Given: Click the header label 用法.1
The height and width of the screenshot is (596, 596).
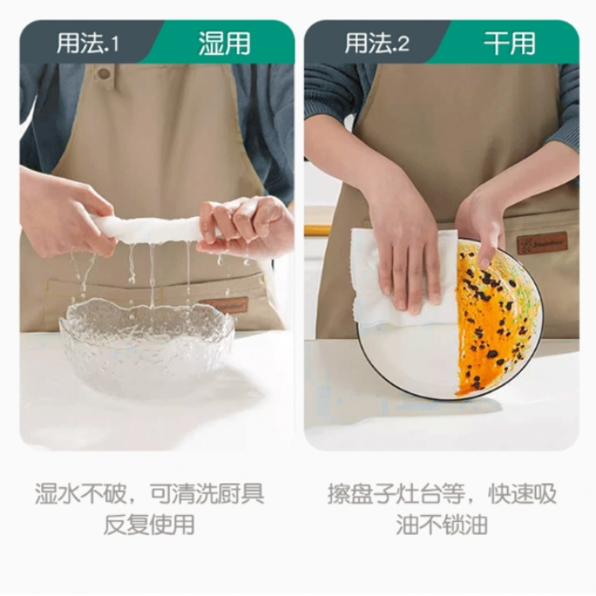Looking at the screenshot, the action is point(88,43).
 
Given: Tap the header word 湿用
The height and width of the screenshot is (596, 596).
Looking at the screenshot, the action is point(224,43).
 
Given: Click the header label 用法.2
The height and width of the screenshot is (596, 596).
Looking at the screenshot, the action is point(376,43).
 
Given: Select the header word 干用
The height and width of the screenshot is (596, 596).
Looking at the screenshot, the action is point(510,43).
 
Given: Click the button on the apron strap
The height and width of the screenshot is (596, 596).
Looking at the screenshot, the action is point(103,73).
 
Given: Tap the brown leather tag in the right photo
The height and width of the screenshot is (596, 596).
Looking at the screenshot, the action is point(542,243).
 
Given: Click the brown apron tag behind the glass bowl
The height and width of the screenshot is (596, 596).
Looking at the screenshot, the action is point(224,305).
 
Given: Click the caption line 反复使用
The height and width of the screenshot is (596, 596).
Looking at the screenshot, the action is point(149,525).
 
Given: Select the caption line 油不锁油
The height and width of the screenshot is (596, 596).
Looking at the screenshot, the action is point(442,525).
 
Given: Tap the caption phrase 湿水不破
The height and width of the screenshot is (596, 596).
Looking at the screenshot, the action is point(81,494).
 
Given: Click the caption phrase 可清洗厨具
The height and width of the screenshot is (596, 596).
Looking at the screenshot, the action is point(207,494).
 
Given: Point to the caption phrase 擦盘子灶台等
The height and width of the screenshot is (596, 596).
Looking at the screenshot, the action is point(396,494).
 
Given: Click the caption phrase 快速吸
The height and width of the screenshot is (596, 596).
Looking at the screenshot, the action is point(523,494).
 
